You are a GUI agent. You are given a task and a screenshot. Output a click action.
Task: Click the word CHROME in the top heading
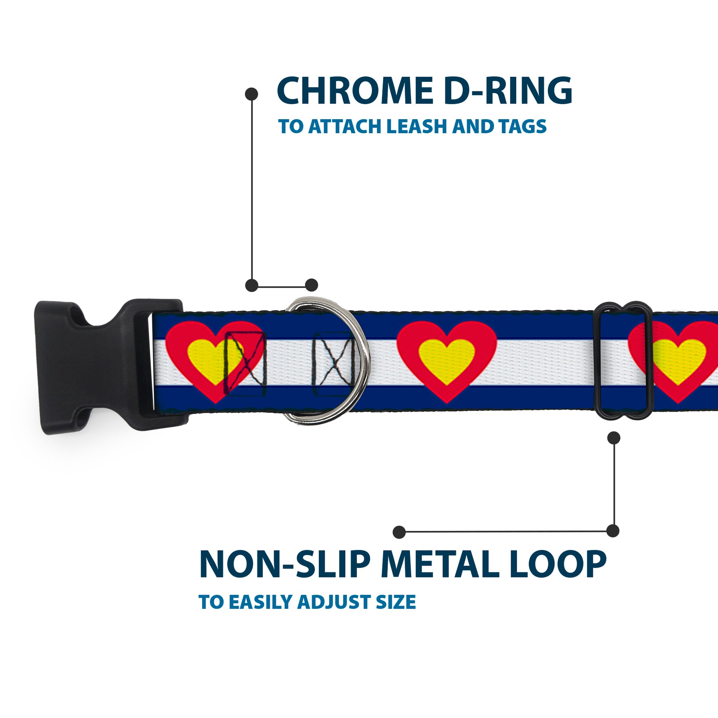click(355, 92)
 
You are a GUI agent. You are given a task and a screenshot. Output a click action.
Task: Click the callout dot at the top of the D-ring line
click(252, 94)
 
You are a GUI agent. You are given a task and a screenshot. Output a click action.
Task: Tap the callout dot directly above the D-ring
click(311, 285)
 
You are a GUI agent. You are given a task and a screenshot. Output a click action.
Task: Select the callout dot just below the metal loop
click(614, 438)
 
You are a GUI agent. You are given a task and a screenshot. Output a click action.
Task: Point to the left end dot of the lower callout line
click(399, 532)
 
